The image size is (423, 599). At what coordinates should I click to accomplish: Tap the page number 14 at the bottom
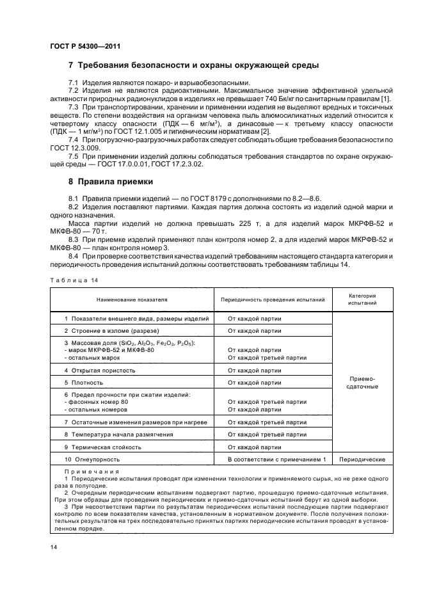click(x=53, y=546)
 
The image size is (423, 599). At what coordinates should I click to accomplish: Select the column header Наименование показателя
click(x=132, y=299)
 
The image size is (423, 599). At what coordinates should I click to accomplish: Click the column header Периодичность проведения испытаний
click(x=273, y=299)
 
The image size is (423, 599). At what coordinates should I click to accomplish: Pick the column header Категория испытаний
click(x=362, y=299)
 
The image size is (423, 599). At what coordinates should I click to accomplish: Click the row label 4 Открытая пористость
click(x=100, y=370)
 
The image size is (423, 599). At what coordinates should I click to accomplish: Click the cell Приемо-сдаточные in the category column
click(x=362, y=382)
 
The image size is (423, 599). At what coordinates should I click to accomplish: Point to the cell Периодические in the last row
click(x=362, y=459)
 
